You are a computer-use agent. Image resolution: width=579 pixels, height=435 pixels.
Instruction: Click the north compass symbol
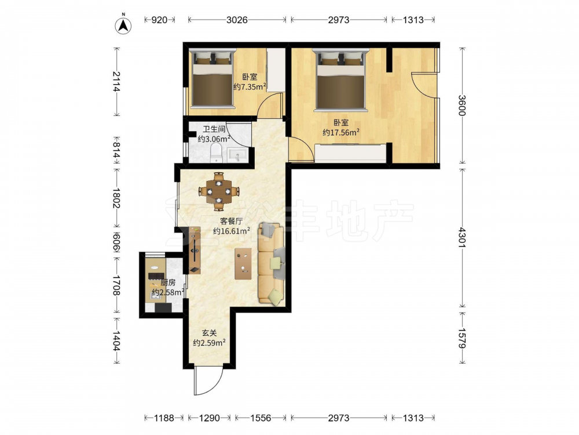click(x=123, y=25)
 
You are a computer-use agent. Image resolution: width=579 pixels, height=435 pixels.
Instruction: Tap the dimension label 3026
click(x=237, y=20)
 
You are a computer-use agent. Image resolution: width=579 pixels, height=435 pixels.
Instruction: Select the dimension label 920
click(x=159, y=20)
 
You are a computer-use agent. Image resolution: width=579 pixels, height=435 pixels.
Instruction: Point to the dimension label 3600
click(x=462, y=106)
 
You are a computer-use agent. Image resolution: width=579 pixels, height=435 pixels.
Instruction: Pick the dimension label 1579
click(x=462, y=338)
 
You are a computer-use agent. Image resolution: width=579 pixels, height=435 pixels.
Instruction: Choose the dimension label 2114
click(x=117, y=82)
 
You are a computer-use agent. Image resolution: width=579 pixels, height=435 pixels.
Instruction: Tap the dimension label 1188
click(x=164, y=418)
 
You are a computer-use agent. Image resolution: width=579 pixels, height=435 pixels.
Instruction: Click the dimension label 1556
click(x=261, y=418)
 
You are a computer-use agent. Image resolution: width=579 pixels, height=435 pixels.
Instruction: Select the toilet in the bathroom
click(x=215, y=153)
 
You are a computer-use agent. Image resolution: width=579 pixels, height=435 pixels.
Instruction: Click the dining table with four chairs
click(x=219, y=191)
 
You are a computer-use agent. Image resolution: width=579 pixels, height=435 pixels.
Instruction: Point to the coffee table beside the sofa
click(x=243, y=263)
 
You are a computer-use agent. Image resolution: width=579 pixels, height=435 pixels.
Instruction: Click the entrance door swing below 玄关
click(x=209, y=380)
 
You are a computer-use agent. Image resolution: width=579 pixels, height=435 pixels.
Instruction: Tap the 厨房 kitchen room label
click(x=168, y=283)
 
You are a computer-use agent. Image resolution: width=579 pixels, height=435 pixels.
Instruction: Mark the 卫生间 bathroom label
click(x=214, y=129)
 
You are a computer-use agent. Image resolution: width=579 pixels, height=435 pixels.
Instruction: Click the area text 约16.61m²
click(x=232, y=231)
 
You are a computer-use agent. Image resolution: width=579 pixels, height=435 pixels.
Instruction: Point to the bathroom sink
click(x=236, y=155)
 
